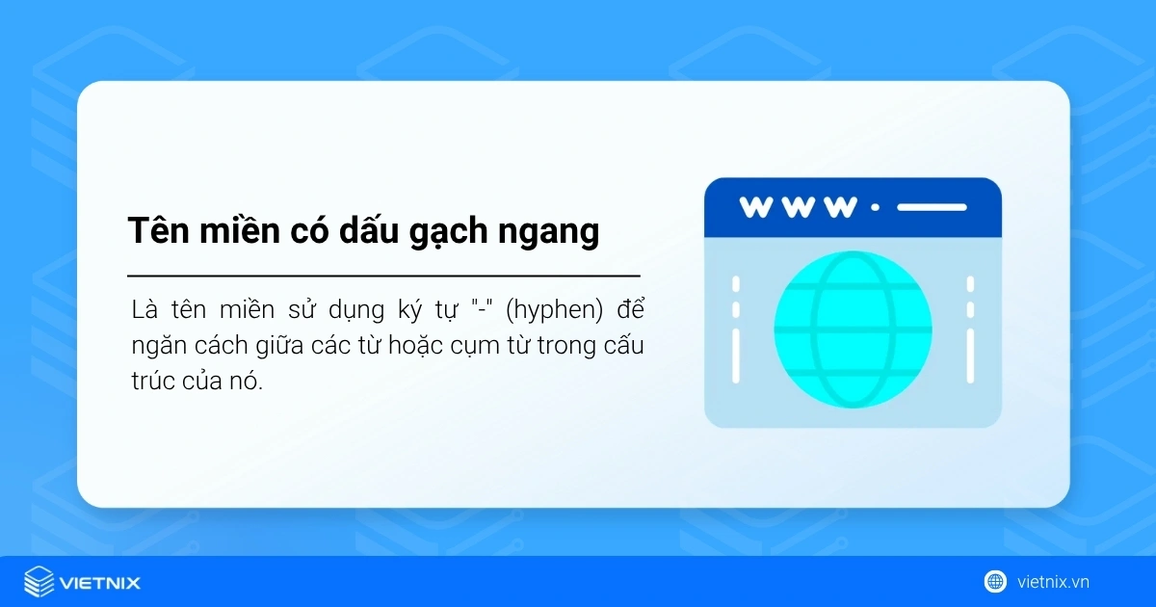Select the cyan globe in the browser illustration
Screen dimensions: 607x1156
point(853,330)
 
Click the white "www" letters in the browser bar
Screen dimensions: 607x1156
point(798,207)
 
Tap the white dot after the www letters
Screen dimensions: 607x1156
point(875,207)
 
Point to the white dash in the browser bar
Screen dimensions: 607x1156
point(932,207)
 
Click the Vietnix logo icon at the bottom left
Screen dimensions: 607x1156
point(39,582)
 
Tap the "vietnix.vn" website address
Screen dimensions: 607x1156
point(1053,582)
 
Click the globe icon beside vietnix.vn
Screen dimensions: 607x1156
point(995,581)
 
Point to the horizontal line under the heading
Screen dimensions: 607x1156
point(383,276)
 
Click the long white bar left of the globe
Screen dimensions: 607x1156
point(736,355)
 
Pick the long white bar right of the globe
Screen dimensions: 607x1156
point(970,355)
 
